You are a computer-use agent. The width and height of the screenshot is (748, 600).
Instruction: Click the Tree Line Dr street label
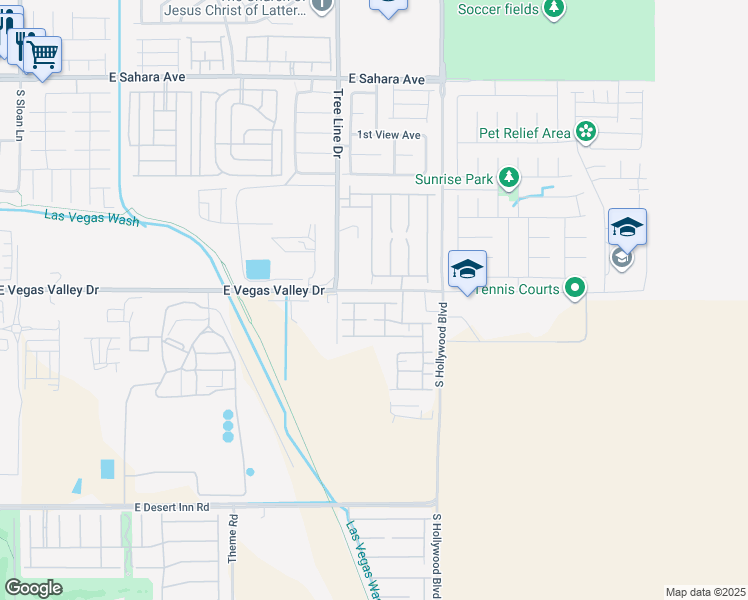pyautogui.click(x=336, y=122)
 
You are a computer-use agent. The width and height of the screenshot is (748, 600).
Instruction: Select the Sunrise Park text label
pyautogui.click(x=455, y=180)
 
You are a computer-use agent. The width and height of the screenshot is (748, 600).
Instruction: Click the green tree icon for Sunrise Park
pyautogui.click(x=509, y=179)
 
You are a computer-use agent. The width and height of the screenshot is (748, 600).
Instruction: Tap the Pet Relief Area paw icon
pyautogui.click(x=586, y=132)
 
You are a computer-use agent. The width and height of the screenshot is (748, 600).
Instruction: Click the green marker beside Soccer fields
pyautogui.click(x=554, y=9)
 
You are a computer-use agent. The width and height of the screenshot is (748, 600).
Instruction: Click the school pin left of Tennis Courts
pyautogui.click(x=467, y=269)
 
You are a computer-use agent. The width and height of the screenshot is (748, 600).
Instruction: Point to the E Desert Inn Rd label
pyautogui.click(x=171, y=508)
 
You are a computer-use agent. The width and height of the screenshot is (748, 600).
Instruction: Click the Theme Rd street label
pyautogui.click(x=232, y=539)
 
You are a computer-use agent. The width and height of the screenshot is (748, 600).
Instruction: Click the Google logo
pyautogui.click(x=33, y=588)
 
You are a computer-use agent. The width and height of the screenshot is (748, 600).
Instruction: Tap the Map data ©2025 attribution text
pyautogui.click(x=706, y=592)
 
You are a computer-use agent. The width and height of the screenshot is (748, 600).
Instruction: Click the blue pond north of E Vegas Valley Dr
pyautogui.click(x=257, y=269)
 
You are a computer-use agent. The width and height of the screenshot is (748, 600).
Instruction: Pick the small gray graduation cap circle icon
pyautogui.click(x=621, y=259)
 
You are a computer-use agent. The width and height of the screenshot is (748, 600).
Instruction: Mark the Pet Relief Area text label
pyautogui.click(x=525, y=133)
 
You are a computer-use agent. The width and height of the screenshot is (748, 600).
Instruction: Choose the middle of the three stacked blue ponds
pyautogui.click(x=228, y=426)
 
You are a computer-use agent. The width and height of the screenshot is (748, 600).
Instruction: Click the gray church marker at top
pyautogui.click(x=321, y=5)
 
